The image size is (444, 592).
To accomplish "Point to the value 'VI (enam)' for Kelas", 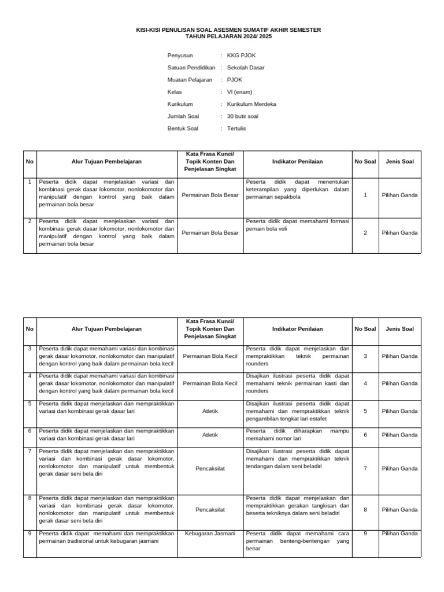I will pyautogui.click(x=239, y=92).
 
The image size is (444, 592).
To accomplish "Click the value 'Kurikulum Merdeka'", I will pyautogui.click(x=251, y=104).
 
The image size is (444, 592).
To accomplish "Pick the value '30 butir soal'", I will pyautogui.click(x=243, y=116).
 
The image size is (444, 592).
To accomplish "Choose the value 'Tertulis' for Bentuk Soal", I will pyautogui.click(x=236, y=128).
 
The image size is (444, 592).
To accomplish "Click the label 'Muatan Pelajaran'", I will pyautogui.click(x=190, y=80).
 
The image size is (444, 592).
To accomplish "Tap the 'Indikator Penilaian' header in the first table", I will pyautogui.click(x=297, y=162).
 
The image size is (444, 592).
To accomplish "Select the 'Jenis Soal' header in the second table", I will pyautogui.click(x=399, y=329).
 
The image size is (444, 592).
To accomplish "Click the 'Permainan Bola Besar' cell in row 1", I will pyautogui.click(x=210, y=195).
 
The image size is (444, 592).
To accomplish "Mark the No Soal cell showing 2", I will pyautogui.click(x=365, y=233).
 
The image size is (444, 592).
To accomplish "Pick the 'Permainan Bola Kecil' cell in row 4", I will pyautogui.click(x=210, y=383).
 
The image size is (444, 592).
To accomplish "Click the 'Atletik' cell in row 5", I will pyautogui.click(x=210, y=411).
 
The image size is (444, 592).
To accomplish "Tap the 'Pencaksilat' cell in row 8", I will pyautogui.click(x=210, y=510).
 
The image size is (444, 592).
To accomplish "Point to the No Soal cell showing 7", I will pyautogui.click(x=365, y=468).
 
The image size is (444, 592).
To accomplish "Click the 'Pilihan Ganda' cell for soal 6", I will pyautogui.click(x=399, y=435).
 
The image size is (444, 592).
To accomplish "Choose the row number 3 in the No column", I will pyautogui.click(x=29, y=349).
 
